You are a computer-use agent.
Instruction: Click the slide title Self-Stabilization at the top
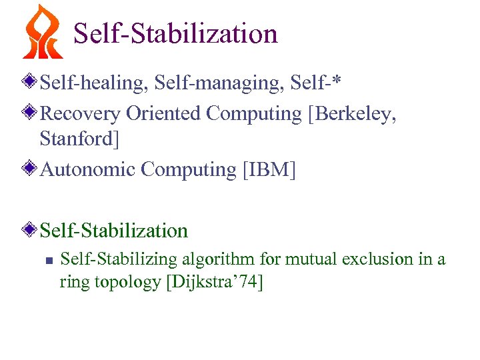point(175,33)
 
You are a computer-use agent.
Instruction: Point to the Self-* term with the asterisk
point(319,84)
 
